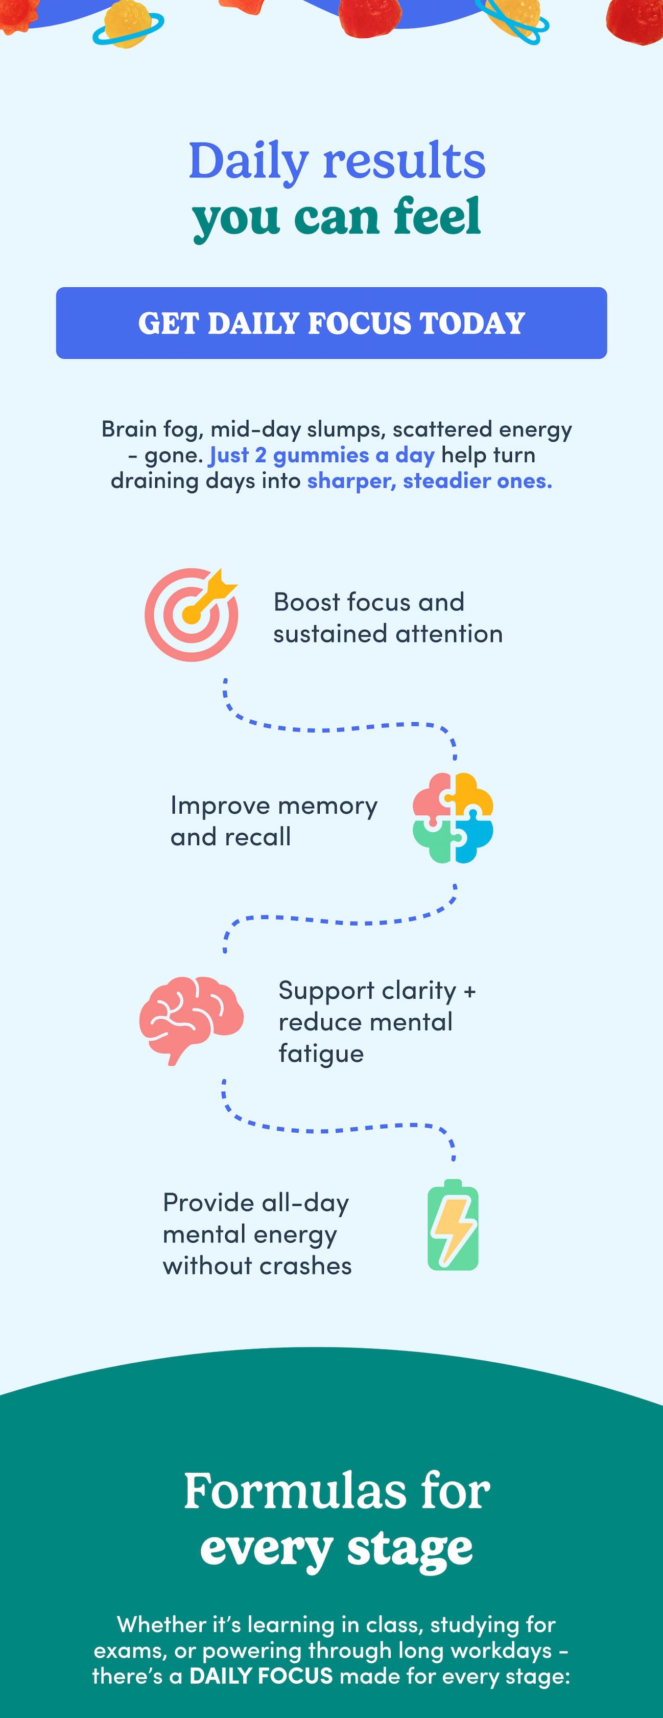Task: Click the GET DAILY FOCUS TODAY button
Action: click(x=331, y=323)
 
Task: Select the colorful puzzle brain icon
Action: click(x=453, y=818)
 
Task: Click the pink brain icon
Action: click(x=191, y=1020)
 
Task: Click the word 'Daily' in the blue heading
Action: click(x=249, y=163)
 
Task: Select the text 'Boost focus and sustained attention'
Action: click(x=388, y=617)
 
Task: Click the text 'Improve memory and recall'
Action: click(x=274, y=821)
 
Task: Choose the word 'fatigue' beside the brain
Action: click(x=321, y=1053)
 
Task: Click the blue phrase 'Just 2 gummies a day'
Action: click(x=322, y=455)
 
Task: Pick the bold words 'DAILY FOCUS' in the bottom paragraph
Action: click(x=261, y=1676)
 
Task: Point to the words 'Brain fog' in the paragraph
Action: click(x=150, y=429)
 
